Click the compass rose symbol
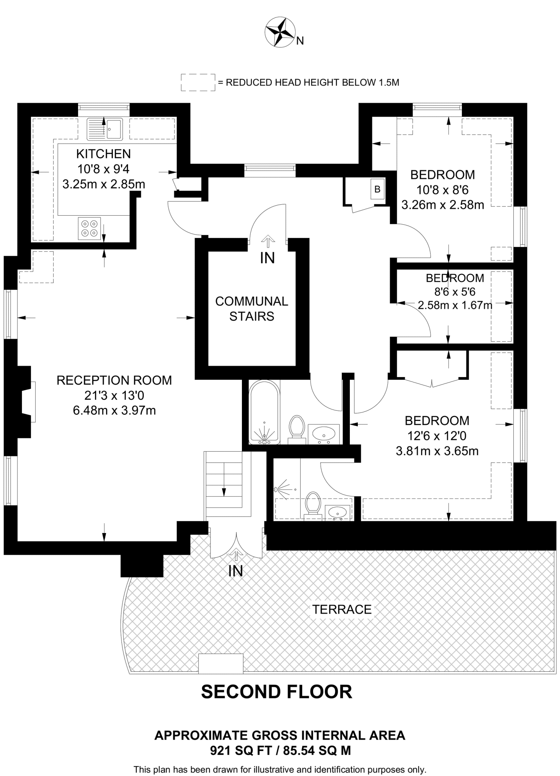point(280,33)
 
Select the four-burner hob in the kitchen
point(90,228)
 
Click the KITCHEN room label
point(103,154)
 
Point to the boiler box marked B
point(377,189)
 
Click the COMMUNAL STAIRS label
point(251,308)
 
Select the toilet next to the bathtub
point(297,428)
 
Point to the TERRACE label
point(342,610)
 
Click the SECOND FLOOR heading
point(276,692)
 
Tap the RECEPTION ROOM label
point(114,380)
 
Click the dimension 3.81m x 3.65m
point(437,451)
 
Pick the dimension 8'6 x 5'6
point(455,292)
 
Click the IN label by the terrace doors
point(236,571)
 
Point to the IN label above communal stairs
point(267,258)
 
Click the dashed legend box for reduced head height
point(198,82)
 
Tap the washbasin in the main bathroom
point(324,433)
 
